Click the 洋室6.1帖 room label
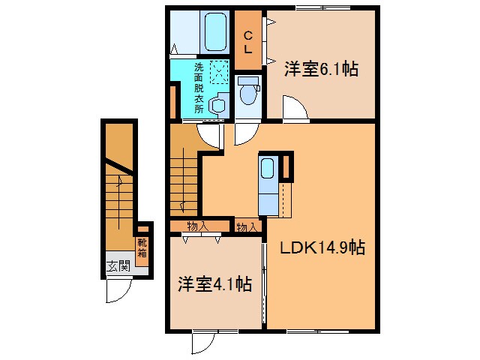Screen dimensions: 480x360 point(321,69)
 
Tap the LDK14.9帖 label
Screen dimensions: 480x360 point(322,247)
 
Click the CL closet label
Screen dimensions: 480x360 point(248,43)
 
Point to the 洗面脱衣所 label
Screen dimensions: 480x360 point(199,88)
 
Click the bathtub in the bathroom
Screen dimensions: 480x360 point(216,31)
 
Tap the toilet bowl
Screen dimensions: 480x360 point(247,94)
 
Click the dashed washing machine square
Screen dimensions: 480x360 point(219,72)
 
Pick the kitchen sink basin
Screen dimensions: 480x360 point(267,168)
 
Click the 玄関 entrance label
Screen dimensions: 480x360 point(118,266)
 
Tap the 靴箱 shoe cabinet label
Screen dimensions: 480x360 point(142,248)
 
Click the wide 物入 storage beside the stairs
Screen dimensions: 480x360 point(199,226)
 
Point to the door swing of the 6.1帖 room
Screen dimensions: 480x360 point(295,108)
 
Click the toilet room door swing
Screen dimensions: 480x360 point(247,134)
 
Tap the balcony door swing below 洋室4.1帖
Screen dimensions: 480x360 point(203,343)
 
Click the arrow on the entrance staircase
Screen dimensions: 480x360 point(118,202)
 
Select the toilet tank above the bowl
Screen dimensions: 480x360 point(248,81)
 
